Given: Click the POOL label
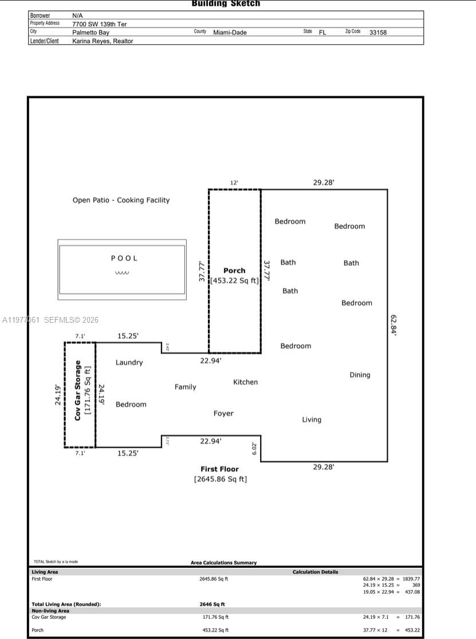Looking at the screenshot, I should [x=124, y=258].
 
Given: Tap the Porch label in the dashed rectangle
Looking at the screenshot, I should [x=234, y=271].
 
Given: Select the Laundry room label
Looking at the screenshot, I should [x=129, y=362].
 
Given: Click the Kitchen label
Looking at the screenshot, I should [x=245, y=382].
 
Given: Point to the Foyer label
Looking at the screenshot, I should [x=223, y=413].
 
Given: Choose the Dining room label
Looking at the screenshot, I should [x=360, y=375].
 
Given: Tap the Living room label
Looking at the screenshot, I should [x=312, y=420].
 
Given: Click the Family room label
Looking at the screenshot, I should [x=186, y=387].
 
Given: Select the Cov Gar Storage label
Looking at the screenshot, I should [x=78, y=390].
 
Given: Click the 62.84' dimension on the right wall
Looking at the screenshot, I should [x=394, y=324].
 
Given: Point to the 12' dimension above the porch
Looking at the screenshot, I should [x=234, y=183].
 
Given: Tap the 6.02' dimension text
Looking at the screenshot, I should [x=255, y=448].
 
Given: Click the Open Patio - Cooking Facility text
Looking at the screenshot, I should [x=121, y=200].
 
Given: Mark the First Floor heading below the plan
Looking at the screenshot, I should [x=219, y=469].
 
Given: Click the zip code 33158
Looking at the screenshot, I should [x=378, y=33].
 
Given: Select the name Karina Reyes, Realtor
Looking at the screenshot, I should [x=103, y=41].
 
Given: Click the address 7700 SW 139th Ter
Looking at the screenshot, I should [x=99, y=24].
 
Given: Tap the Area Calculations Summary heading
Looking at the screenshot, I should [x=223, y=563].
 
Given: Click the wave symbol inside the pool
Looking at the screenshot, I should [x=122, y=273].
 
